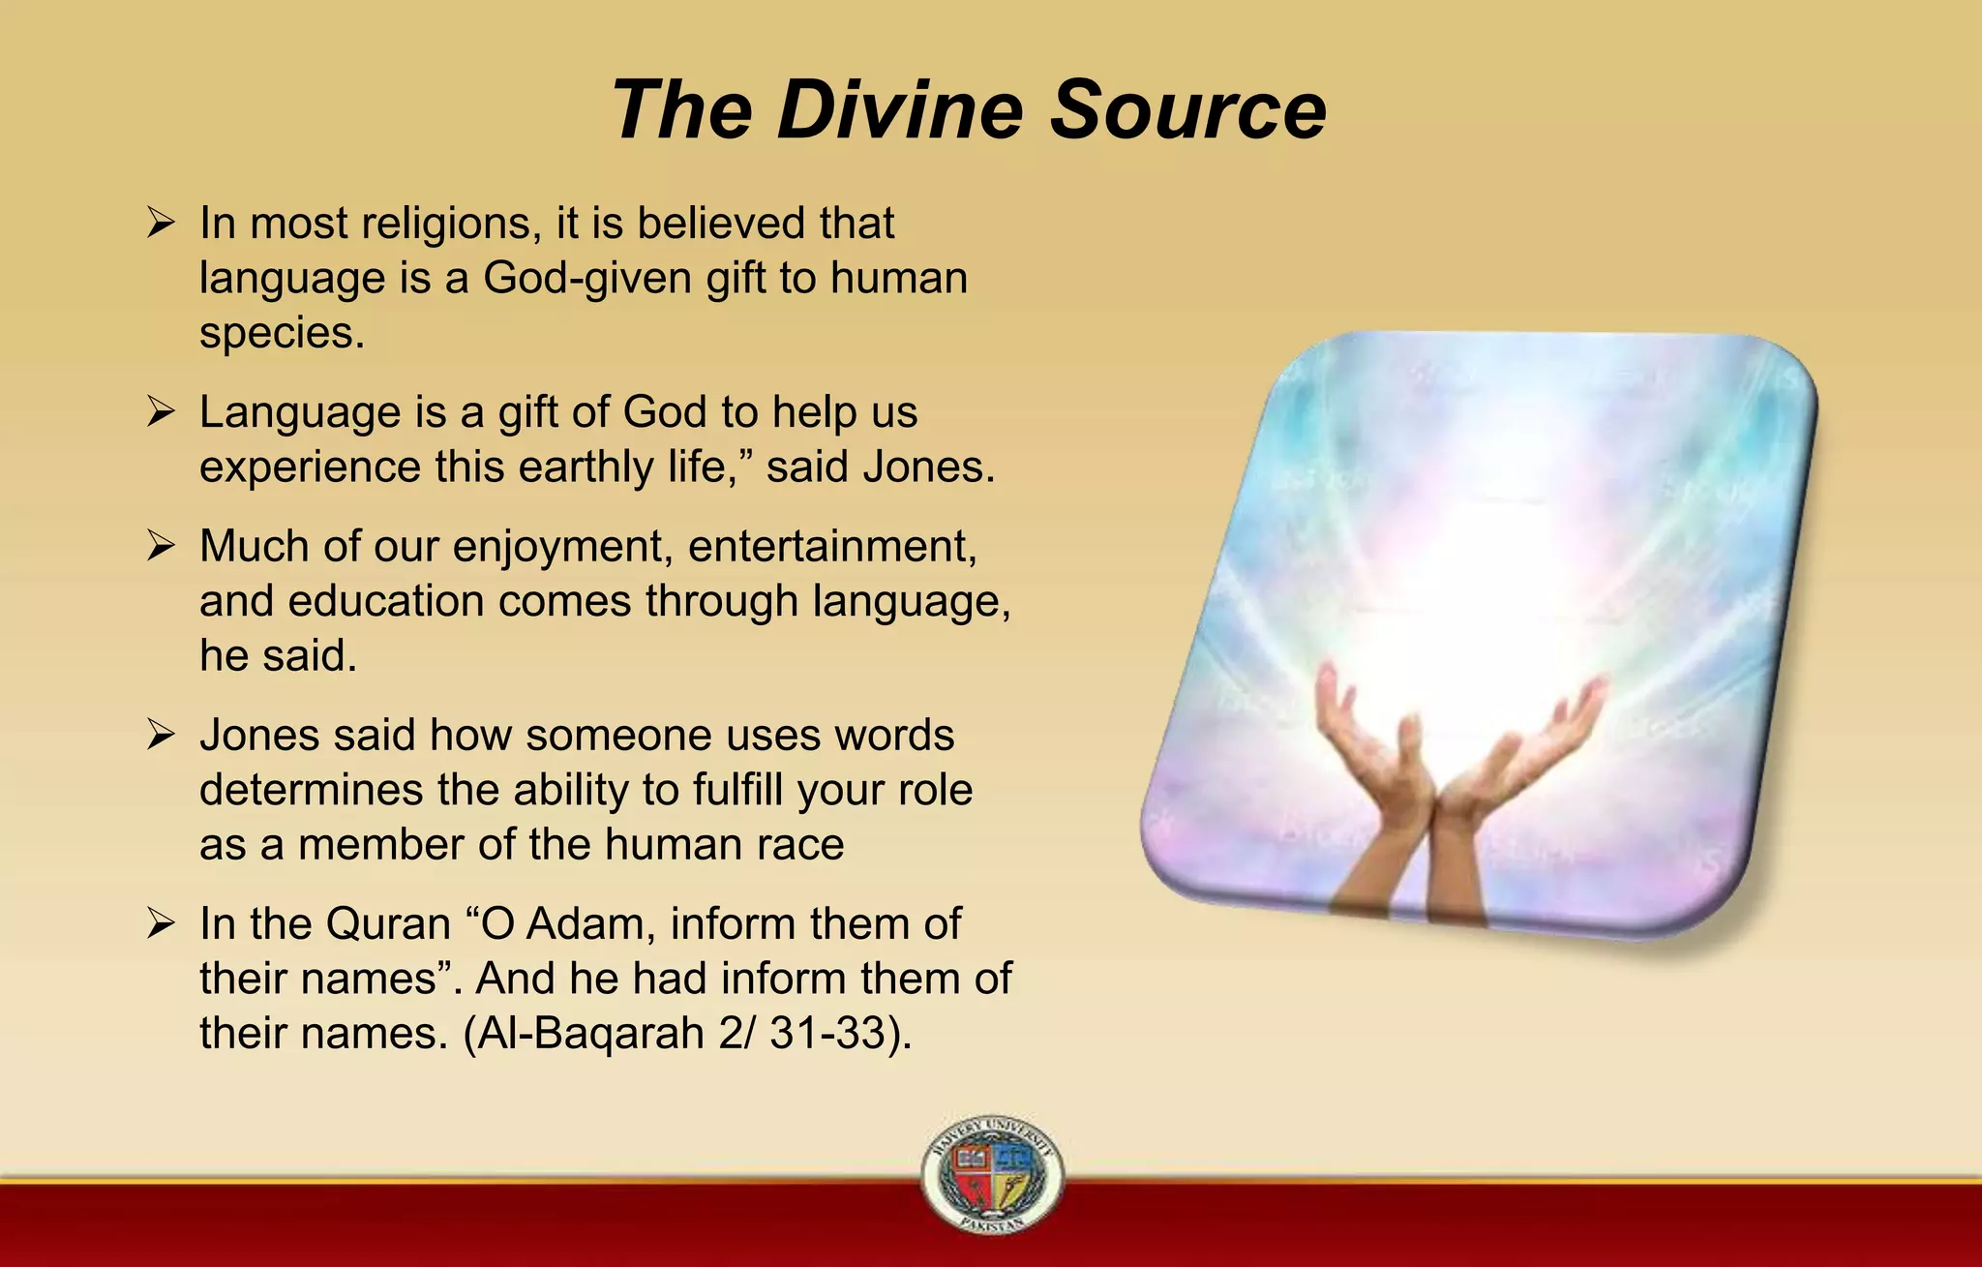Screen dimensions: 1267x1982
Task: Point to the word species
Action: (282, 335)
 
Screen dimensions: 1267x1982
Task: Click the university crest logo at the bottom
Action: (992, 1174)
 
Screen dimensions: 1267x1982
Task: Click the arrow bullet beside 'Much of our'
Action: (161, 547)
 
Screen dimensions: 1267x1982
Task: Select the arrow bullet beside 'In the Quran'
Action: (161, 924)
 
